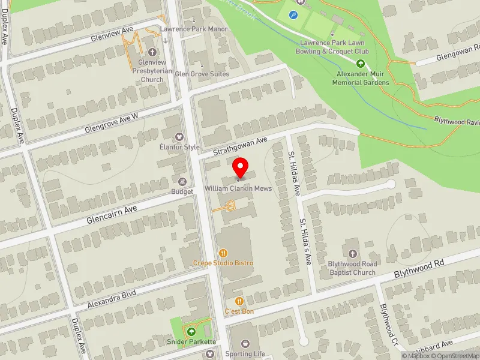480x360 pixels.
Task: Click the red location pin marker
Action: (x=240, y=167)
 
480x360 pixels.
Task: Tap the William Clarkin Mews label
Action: (x=238, y=188)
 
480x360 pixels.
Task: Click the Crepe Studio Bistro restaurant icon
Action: (x=223, y=253)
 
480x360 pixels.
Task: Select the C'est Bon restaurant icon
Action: (x=239, y=301)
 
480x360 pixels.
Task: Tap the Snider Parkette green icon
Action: (x=191, y=332)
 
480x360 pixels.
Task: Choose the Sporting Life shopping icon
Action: (x=245, y=344)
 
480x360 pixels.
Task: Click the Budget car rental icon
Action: (x=182, y=181)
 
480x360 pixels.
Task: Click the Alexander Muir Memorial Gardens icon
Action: (x=361, y=64)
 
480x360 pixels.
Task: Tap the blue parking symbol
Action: (x=293, y=15)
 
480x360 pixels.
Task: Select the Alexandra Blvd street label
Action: (x=112, y=298)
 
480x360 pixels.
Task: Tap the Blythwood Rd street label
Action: (x=418, y=269)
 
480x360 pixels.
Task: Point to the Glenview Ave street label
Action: (x=112, y=34)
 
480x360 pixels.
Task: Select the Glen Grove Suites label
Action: (x=202, y=74)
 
